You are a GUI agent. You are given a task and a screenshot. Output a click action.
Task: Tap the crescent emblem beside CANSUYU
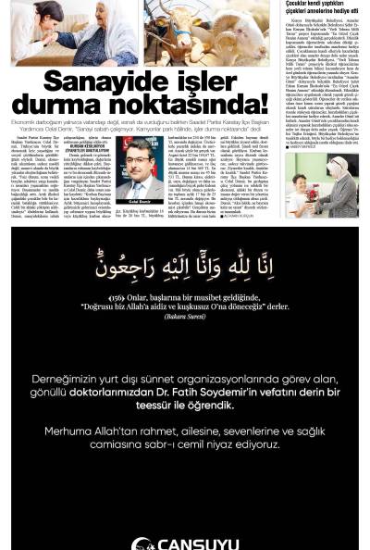(142, 544)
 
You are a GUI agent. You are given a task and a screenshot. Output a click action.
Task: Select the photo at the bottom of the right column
(320, 186)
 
